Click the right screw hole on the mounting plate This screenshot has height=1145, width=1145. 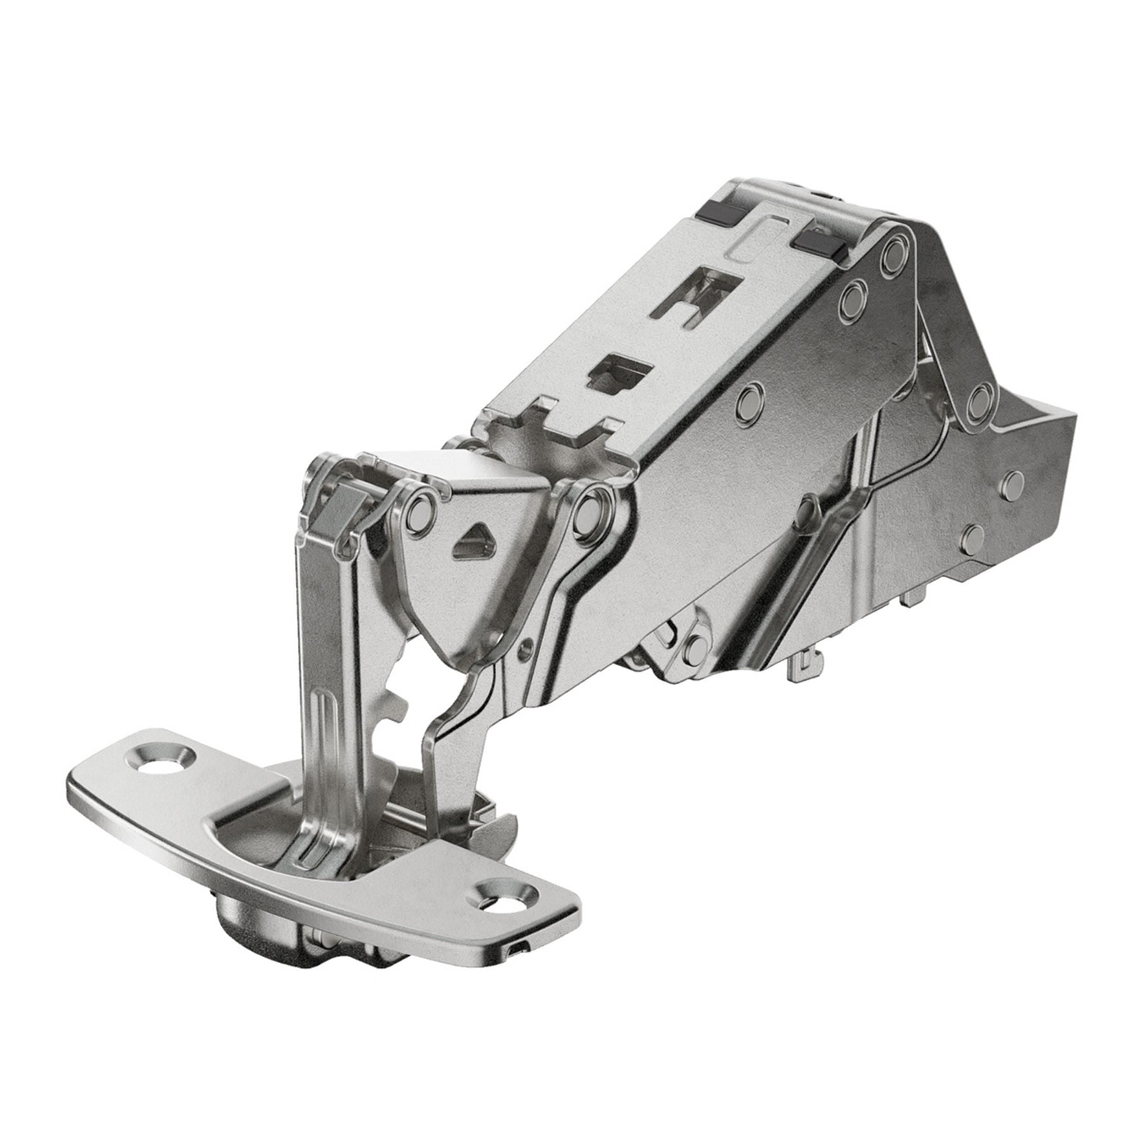tap(502, 910)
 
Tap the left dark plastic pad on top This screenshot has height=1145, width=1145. tap(718, 210)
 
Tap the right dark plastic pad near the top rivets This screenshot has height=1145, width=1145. tap(820, 243)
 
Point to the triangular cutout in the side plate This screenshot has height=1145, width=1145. tap(474, 540)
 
